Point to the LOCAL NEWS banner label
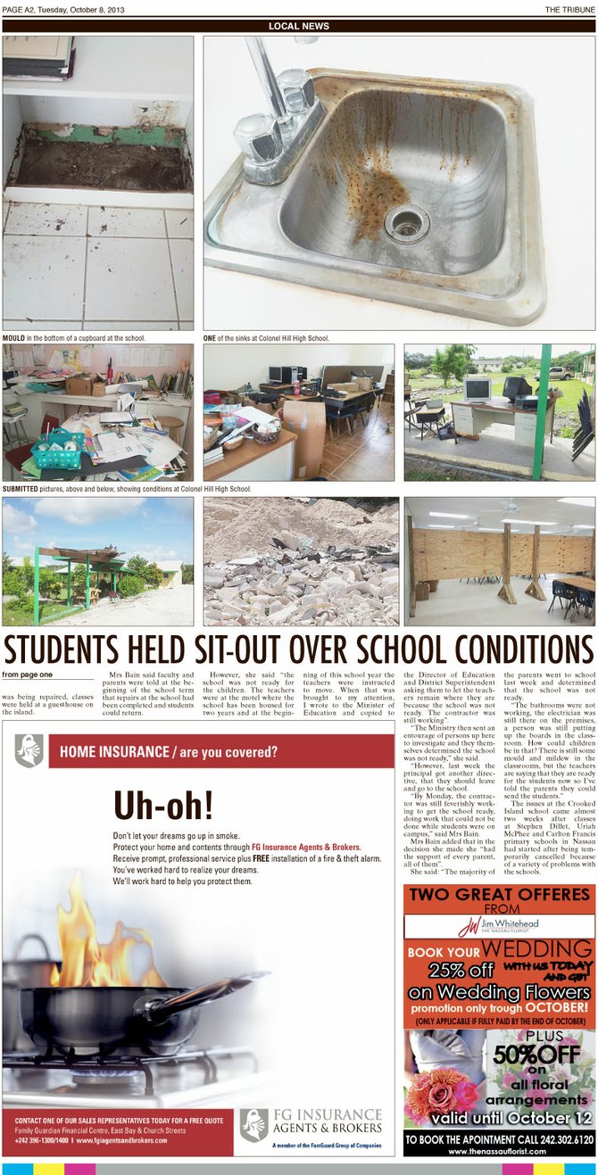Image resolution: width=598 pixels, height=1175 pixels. (x=299, y=26)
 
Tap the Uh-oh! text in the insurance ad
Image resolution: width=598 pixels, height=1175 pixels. (x=163, y=805)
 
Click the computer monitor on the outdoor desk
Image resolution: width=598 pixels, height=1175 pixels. (x=477, y=389)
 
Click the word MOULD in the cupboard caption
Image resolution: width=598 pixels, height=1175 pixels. (x=13, y=339)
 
